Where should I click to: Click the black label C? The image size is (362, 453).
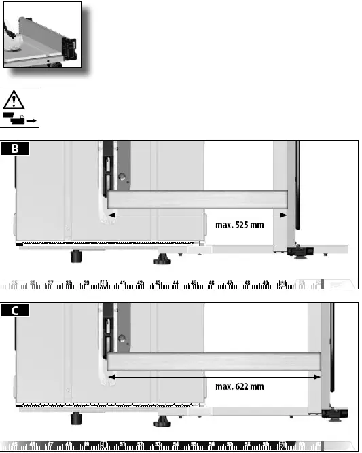15,311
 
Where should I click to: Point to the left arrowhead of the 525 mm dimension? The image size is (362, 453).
111,215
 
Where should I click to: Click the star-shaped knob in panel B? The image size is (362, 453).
162,260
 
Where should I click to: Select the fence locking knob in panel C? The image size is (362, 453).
333,414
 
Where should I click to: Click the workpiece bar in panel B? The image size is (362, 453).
197,199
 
